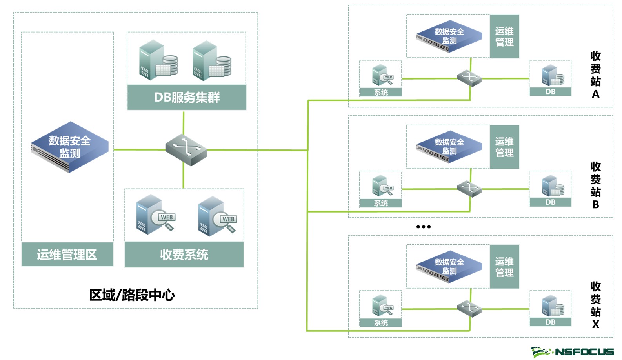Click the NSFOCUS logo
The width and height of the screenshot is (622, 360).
(573, 351)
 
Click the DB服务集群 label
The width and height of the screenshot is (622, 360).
(187, 97)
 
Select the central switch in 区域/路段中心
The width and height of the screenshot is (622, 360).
(186, 150)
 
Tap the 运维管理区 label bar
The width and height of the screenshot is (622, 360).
(67, 255)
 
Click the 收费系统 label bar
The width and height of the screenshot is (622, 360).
(184, 255)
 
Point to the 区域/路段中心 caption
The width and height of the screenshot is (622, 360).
(132, 295)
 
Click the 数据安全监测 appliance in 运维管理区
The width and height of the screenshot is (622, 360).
(70, 147)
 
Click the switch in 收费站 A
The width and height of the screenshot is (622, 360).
(469, 78)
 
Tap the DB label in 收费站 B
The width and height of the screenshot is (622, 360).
(550, 202)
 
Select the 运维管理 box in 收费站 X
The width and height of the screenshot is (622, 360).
(504, 267)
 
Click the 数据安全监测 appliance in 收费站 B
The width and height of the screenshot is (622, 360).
(449, 147)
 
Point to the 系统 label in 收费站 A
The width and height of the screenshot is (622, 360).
(381, 93)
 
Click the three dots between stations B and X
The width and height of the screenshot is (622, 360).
(424, 227)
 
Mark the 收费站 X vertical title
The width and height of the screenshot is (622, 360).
(595, 305)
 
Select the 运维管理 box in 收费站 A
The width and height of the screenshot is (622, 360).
(504, 36)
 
